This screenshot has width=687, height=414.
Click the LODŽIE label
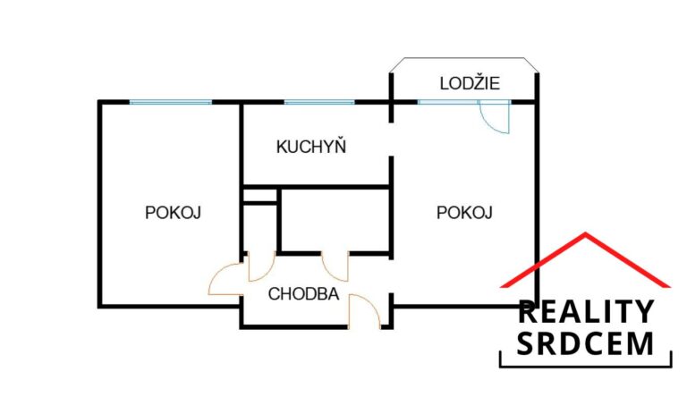tap(470, 83)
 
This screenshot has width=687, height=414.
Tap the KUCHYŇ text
tap(311, 147)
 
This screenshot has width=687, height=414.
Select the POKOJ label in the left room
tap(173, 213)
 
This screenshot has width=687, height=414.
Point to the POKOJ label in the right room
tap(464, 213)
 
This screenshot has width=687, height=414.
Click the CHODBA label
tap(303, 294)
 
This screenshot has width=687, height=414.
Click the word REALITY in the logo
tap(586, 311)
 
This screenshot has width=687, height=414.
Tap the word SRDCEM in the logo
tap(585, 343)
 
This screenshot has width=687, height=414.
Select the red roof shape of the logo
tap(585, 259)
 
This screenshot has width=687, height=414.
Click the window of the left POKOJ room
tap(171, 103)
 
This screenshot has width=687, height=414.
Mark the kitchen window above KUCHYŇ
tap(319, 103)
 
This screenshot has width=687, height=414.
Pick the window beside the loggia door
tap(447, 103)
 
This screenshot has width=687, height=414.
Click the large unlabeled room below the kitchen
tap(335, 220)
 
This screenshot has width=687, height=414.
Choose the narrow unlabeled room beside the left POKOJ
tap(259, 228)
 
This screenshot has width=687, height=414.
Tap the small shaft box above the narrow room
tap(259, 195)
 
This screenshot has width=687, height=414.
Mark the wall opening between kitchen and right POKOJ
tap(391, 139)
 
